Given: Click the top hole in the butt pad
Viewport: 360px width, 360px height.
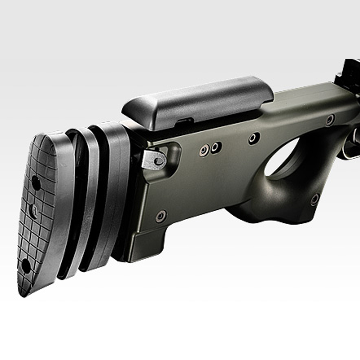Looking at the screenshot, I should click(x=36, y=183).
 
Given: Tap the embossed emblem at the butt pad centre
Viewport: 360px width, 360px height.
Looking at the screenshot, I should click(x=33, y=211).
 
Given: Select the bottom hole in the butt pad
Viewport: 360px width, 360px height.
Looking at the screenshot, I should click(x=26, y=265).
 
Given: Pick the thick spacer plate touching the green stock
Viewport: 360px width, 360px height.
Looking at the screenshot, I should click(x=110, y=194).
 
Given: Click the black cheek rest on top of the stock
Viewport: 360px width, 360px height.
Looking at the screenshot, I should click(x=198, y=101).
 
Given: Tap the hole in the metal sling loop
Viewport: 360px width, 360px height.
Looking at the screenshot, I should click(x=158, y=161).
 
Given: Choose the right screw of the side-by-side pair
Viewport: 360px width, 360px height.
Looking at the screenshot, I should click(x=216, y=147).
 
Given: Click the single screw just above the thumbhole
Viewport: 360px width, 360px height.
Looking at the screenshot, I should click(x=254, y=138).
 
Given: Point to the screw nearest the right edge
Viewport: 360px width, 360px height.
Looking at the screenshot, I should click(x=330, y=120).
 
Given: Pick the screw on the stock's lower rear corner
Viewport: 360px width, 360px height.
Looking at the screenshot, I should click(x=161, y=216).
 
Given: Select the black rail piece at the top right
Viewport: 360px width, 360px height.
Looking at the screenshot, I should click(x=347, y=72).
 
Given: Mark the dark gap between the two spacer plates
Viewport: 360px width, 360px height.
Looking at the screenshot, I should click(x=94, y=202).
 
